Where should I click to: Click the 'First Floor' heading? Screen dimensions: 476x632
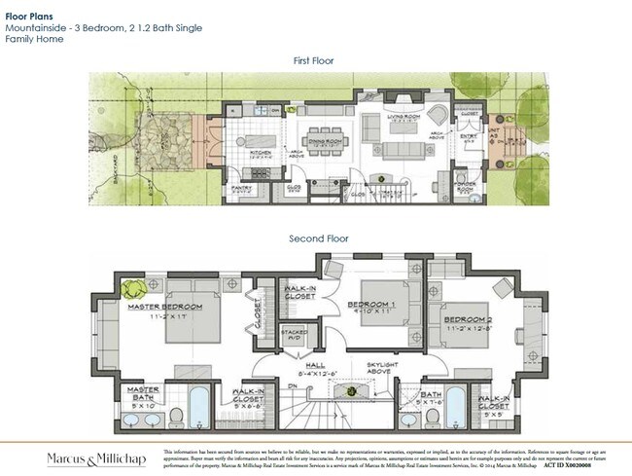click(313, 60)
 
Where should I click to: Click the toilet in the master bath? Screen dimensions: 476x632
click(177, 416)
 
